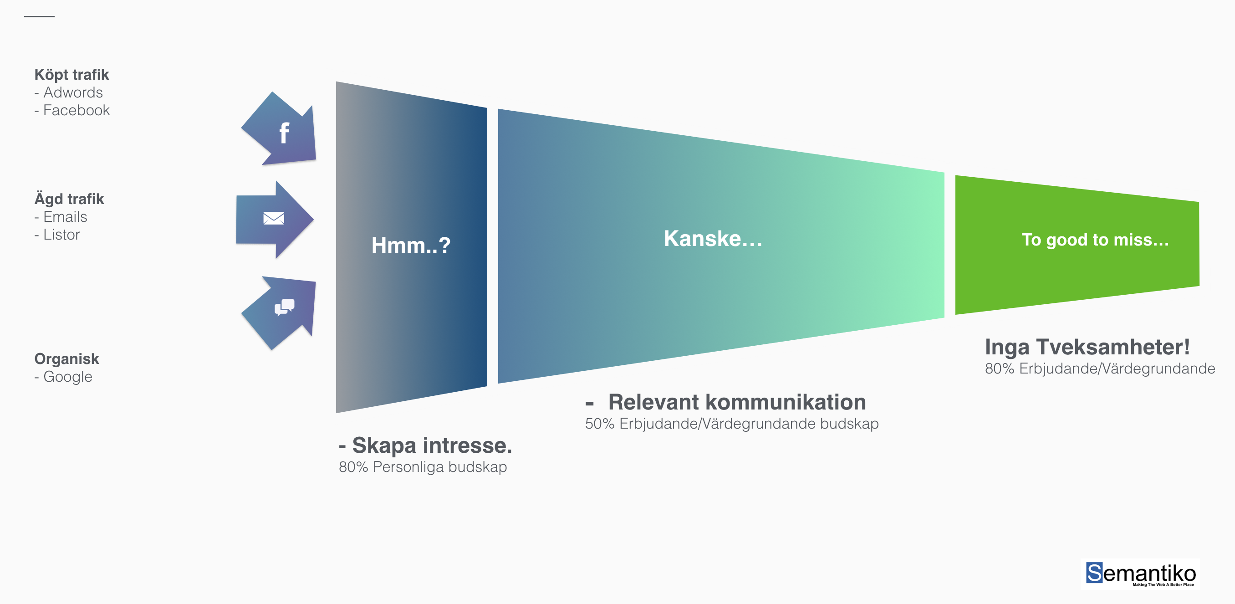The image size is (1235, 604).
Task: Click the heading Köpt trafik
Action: [x=72, y=75]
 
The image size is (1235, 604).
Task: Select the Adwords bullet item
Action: [x=73, y=92]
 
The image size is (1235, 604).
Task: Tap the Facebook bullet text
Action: [x=76, y=110]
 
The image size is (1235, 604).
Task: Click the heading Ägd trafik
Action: [x=69, y=199]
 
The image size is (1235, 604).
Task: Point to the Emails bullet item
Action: [x=65, y=217]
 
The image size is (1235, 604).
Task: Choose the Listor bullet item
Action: [x=61, y=235]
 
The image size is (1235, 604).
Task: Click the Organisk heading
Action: [x=66, y=358]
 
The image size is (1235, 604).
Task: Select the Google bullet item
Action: [x=67, y=377]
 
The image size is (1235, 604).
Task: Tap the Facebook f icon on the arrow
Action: [x=284, y=133]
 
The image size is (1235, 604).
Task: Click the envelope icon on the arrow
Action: [x=274, y=219]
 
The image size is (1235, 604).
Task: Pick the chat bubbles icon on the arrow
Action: [x=284, y=307]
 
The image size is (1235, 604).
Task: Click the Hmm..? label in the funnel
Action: [x=411, y=246]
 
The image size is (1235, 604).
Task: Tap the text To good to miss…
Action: [x=1095, y=240]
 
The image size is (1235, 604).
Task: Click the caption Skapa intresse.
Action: [x=432, y=445]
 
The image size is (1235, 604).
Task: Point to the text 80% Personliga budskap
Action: [x=423, y=467]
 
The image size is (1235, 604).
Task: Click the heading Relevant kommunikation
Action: [x=737, y=402]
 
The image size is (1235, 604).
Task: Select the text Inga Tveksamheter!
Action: [x=1087, y=347]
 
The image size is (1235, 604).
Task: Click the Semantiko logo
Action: [x=1141, y=573]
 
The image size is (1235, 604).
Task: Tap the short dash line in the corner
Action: [x=39, y=17]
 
